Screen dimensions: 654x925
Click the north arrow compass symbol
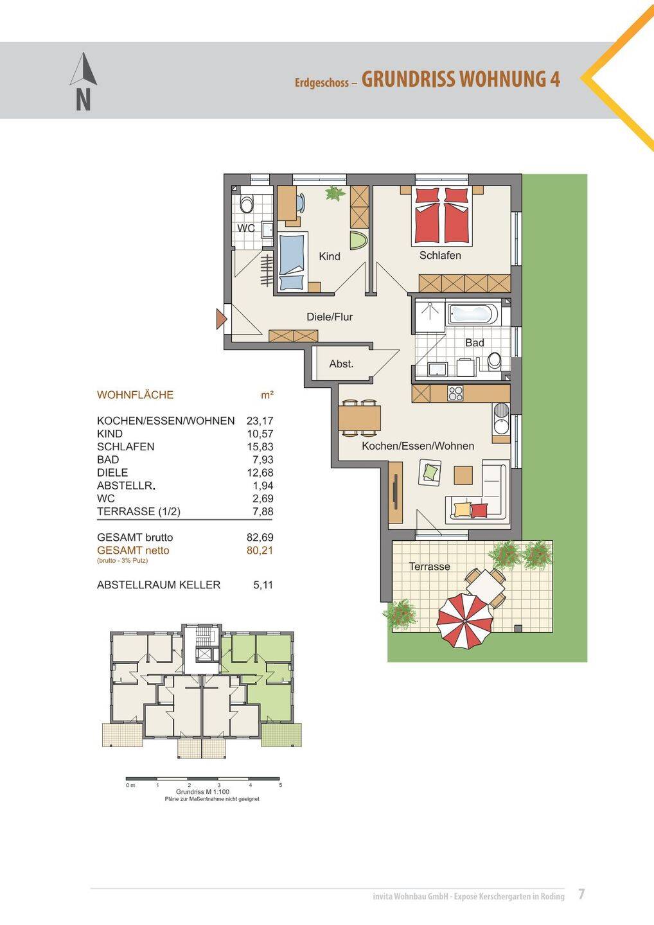click(83, 81)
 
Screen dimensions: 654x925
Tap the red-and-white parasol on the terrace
click(465, 621)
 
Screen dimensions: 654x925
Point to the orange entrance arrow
click(221, 319)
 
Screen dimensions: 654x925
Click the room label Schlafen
click(440, 255)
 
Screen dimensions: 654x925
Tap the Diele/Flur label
click(330, 317)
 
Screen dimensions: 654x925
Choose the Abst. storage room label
click(341, 364)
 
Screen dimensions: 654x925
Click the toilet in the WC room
click(247, 203)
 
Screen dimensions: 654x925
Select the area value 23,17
click(260, 420)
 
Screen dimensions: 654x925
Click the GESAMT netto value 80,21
click(260, 550)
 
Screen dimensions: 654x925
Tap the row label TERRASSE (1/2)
click(139, 511)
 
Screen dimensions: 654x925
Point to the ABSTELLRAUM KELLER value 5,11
click(263, 585)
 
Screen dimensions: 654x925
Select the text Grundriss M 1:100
click(203, 791)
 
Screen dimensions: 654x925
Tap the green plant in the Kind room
click(335, 193)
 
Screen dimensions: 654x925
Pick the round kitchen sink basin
click(501, 410)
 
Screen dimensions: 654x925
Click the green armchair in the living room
click(430, 472)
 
